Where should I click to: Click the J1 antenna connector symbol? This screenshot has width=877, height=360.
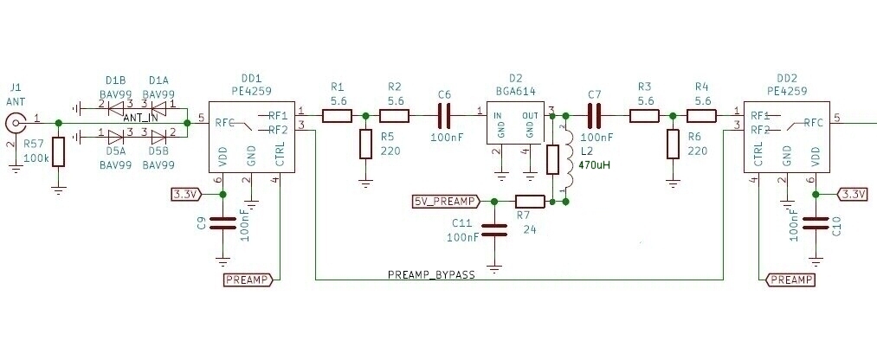pos(15,124)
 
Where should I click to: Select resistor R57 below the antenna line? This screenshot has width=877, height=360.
pos(58,152)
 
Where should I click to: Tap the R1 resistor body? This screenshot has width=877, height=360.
pos(337,115)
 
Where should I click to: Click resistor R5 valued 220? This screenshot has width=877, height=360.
pos(365,144)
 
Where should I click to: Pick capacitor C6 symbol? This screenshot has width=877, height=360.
pos(444,115)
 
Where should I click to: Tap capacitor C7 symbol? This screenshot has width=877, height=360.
pos(594,115)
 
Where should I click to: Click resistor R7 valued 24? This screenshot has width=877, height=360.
pos(529,202)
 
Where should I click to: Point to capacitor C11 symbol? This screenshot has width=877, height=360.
pos(494,230)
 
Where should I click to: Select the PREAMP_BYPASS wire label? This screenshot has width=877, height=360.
pos(431,274)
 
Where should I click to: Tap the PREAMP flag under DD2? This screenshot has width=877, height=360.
pos(790,280)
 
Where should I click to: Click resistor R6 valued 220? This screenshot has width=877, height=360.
pos(673,144)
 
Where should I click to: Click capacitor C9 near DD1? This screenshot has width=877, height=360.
pos(222,222)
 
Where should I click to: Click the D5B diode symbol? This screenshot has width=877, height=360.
pos(158,135)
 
